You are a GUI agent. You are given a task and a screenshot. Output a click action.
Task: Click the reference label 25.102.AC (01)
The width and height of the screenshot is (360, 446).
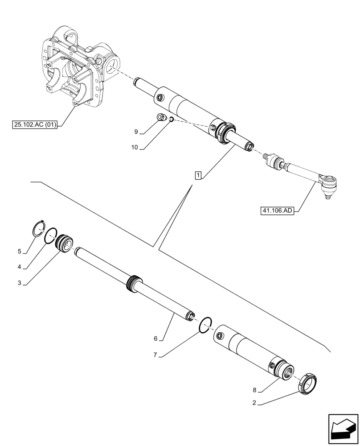35,125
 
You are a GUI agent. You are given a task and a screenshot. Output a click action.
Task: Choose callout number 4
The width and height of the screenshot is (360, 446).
19,267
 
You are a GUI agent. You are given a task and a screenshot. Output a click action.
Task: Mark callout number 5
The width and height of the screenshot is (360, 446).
19,252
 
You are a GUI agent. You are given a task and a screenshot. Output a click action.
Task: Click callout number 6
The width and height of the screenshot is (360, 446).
155,339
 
